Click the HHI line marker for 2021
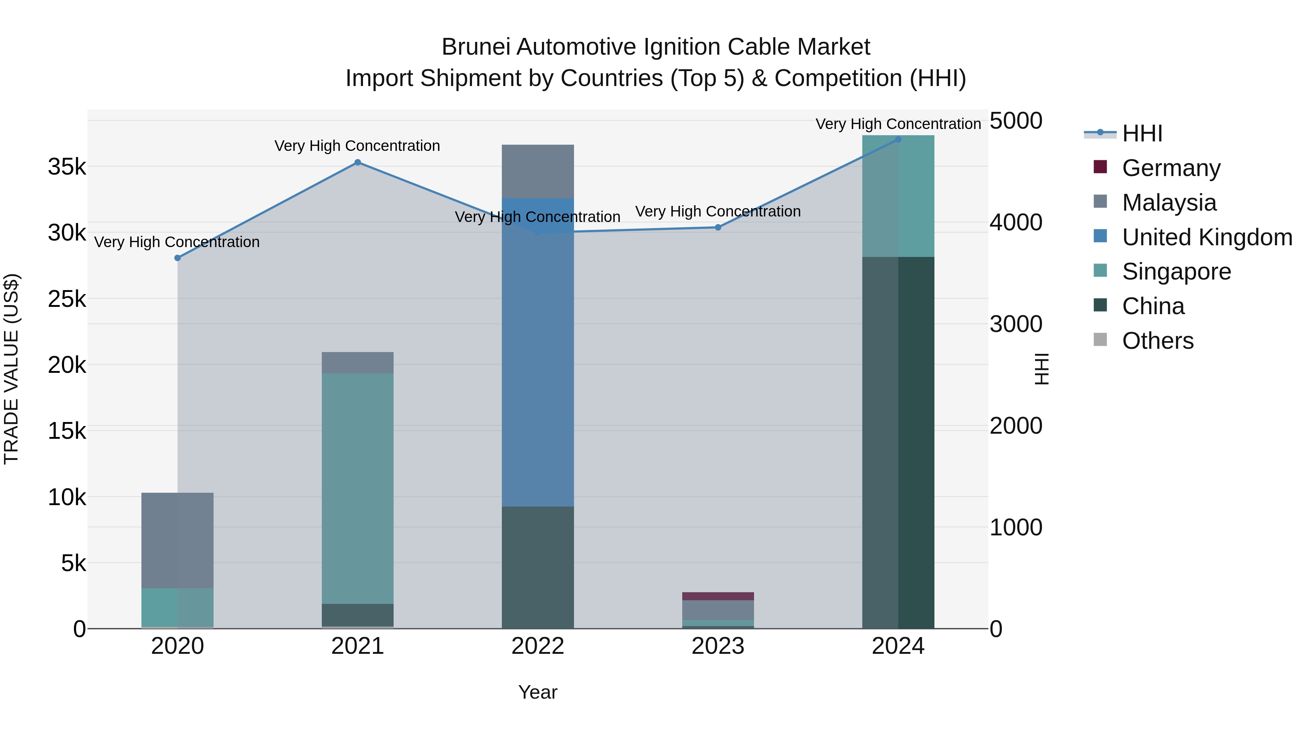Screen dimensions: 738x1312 pos(358,163)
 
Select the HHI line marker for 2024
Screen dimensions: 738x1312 pos(898,140)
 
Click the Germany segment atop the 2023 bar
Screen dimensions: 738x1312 pos(718,596)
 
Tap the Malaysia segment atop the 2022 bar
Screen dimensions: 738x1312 pos(538,171)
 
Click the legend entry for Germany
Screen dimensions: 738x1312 pos(1171,168)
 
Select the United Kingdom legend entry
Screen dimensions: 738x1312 pos(1207,237)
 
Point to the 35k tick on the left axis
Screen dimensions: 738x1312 pos(67,167)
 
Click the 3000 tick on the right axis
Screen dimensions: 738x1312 pos(1016,324)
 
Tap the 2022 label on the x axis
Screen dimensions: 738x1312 pos(538,646)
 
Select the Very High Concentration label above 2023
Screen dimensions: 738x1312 pos(718,211)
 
